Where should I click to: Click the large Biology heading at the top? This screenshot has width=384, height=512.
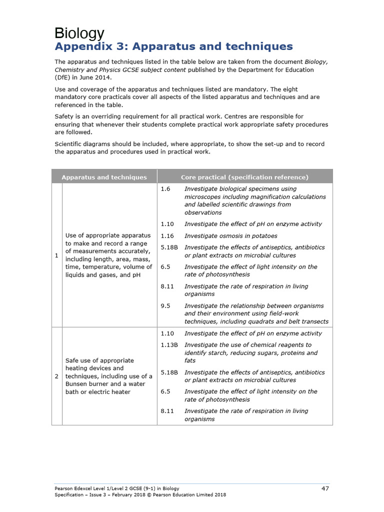tap(79, 33)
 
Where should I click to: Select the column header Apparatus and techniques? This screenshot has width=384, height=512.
tap(104, 177)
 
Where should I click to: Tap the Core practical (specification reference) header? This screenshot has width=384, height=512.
tap(244, 177)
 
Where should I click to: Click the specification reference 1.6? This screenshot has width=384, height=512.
tap(165, 189)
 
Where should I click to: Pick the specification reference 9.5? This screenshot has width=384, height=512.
tap(165, 305)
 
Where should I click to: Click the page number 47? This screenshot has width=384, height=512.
tap(325, 488)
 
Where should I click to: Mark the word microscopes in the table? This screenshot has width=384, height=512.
tap(202, 196)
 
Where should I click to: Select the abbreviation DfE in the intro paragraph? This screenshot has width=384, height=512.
tap(63, 77)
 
